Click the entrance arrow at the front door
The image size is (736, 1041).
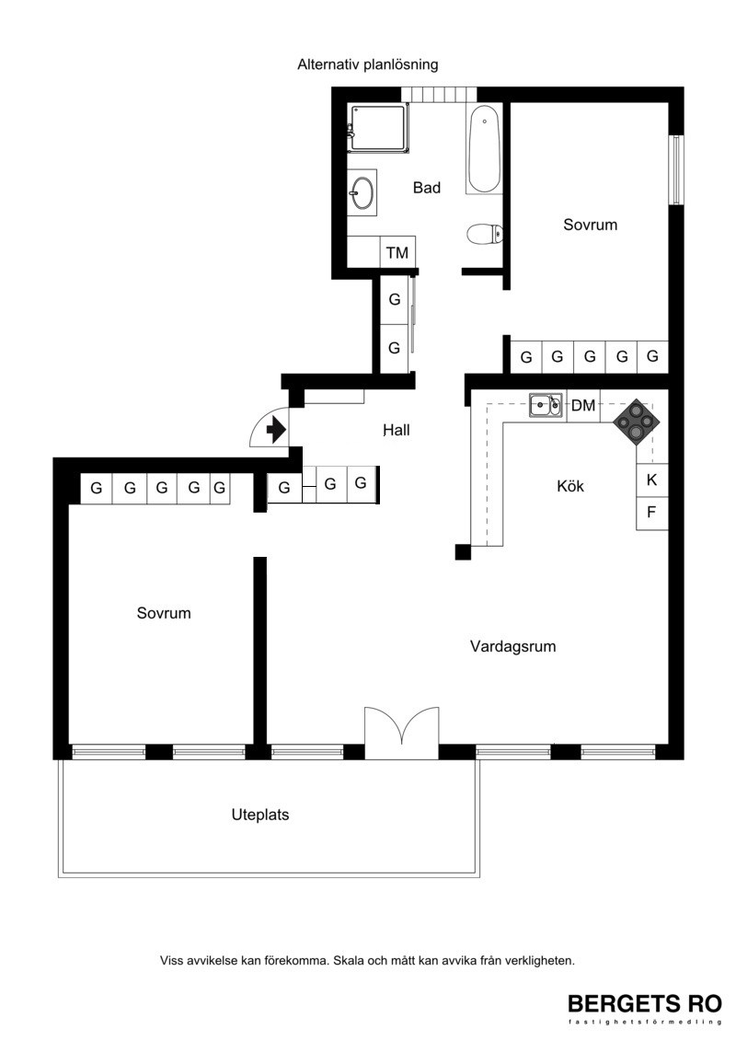275,430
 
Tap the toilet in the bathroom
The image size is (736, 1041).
485,234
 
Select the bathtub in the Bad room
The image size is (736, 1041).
484,149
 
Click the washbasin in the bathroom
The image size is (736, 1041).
362,192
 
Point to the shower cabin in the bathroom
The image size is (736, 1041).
377,128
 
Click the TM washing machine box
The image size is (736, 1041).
397,252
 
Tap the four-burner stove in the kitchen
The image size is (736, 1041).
637,421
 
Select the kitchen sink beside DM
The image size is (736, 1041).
546,405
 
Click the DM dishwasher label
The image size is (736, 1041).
583,405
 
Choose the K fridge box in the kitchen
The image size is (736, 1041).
651,480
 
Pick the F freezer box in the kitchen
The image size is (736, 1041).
651,513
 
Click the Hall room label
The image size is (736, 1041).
397,430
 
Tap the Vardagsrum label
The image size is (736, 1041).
513,646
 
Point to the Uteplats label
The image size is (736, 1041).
260,815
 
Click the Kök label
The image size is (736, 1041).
570,486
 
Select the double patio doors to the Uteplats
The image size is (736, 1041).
401,733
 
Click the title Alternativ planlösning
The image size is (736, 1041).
368,64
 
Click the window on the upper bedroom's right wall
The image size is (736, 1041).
675,170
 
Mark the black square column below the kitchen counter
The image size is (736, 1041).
463,551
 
